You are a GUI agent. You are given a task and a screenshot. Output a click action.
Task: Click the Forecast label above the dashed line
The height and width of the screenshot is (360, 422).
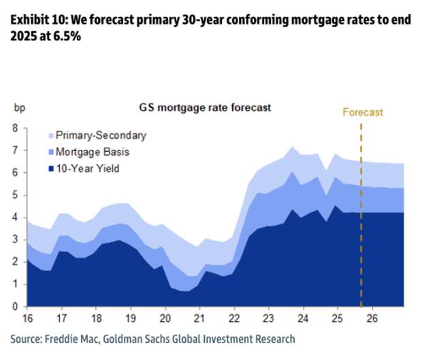[363, 112]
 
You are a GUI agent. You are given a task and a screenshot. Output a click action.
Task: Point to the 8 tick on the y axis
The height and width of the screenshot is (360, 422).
[14, 128]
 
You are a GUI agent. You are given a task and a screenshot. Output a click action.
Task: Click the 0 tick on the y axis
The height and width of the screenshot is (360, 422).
[14, 307]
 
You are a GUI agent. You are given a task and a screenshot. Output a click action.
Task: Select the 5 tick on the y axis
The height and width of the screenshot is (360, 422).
[14, 195]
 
